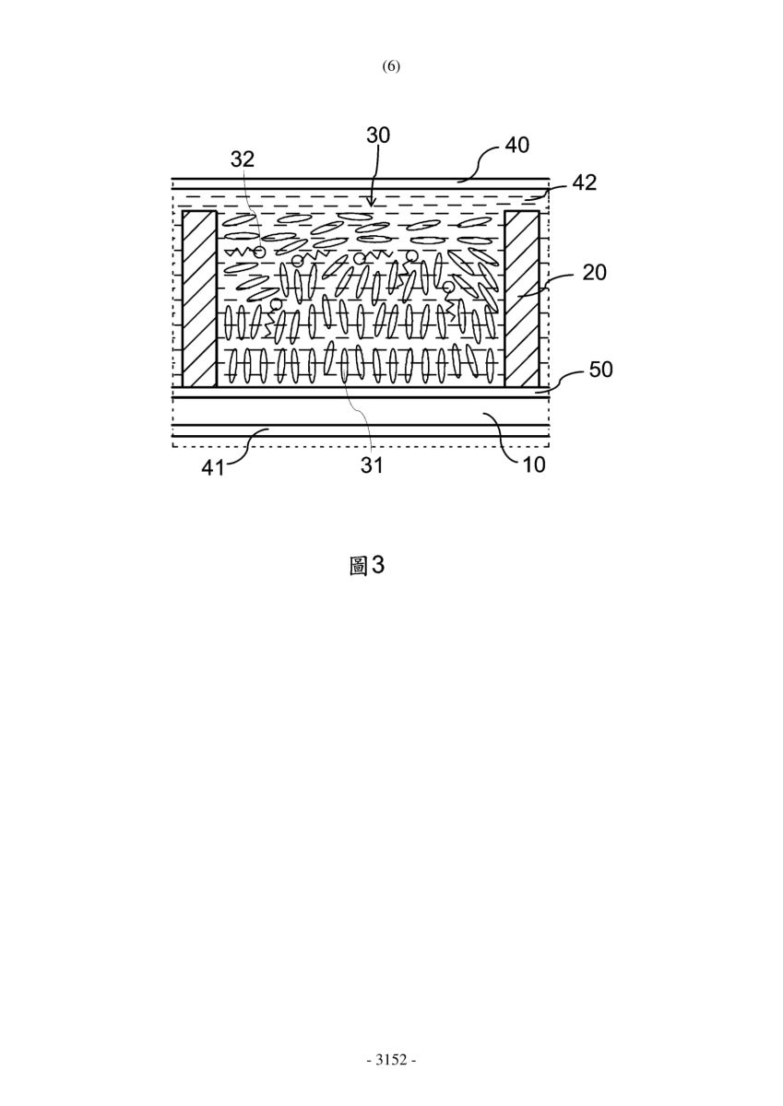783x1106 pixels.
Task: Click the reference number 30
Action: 378,135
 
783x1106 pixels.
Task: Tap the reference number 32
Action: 243,159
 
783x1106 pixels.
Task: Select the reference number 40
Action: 516,146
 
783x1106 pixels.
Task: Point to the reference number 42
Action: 585,182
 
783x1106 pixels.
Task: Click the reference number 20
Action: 594,272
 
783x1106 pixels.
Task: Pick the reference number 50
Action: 600,370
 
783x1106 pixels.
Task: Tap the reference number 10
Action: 533,465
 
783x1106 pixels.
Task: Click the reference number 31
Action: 372,465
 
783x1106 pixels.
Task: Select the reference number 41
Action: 213,467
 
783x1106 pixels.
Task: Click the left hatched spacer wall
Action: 199,299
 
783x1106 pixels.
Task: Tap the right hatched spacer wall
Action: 522,299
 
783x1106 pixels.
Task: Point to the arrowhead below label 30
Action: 372,202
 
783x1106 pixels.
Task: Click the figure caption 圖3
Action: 366,566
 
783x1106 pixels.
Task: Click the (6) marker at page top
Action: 391,66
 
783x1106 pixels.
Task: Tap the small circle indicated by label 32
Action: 259,253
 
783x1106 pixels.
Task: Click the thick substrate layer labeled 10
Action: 361,411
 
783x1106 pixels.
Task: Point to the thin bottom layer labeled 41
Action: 361,430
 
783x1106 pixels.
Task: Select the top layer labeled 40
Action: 361,183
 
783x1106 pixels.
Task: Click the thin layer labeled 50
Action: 361,392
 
